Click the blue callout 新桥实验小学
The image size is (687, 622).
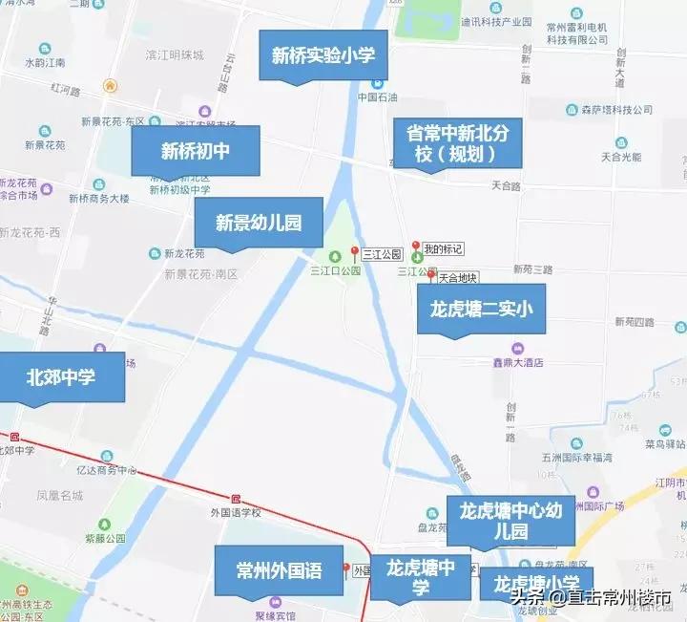click(x=323, y=55)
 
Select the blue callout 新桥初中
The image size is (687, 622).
click(x=196, y=150)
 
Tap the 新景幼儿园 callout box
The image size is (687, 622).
click(x=259, y=223)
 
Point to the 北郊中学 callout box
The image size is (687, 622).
click(x=61, y=377)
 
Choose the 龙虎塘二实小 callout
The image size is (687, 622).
click(x=481, y=308)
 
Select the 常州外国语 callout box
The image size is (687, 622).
click(x=279, y=571)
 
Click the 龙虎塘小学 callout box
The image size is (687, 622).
click(x=535, y=583)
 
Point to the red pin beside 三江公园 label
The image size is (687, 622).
click(x=355, y=253)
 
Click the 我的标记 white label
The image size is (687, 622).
click(x=443, y=249)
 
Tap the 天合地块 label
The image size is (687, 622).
click(x=457, y=278)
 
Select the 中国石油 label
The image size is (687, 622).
click(x=377, y=97)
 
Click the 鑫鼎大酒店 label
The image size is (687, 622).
click(x=524, y=362)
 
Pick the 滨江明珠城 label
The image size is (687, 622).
click(x=174, y=55)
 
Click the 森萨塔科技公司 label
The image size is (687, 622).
click(x=616, y=110)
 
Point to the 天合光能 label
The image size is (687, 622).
click(x=621, y=156)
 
